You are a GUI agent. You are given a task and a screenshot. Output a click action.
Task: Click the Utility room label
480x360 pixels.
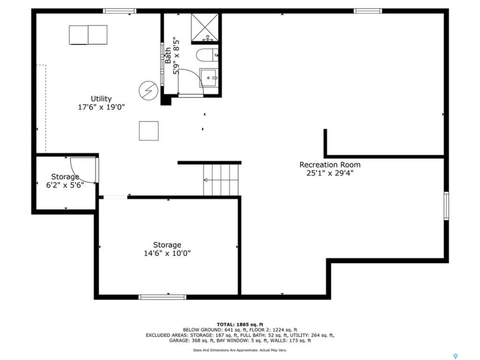click(x=101, y=99)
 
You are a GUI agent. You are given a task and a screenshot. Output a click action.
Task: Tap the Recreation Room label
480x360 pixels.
click(x=329, y=164)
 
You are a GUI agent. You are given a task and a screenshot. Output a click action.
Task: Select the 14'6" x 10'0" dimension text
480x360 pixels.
click(x=167, y=253)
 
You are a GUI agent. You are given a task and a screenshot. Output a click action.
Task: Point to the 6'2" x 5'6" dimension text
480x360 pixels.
click(x=65, y=185)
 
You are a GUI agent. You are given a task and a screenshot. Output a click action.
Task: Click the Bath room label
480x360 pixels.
click(x=168, y=55)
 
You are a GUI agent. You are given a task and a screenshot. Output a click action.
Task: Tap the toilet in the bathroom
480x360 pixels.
click(x=207, y=55)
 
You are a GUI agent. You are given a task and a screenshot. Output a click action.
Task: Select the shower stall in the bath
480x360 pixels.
click(x=205, y=27)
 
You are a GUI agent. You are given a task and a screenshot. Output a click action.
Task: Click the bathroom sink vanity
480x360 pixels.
click(x=209, y=78)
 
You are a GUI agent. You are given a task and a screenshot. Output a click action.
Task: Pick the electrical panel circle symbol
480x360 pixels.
click(x=148, y=90)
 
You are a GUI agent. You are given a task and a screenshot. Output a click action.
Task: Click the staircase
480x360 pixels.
click(x=220, y=179)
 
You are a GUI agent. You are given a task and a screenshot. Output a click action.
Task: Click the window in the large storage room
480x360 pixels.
click(x=162, y=297)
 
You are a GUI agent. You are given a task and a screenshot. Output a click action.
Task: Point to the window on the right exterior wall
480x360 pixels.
click(x=446, y=205)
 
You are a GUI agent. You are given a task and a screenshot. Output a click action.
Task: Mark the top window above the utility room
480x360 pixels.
click(x=119, y=11)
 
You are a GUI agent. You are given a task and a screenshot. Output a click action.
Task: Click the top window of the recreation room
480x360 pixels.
click(x=367, y=11)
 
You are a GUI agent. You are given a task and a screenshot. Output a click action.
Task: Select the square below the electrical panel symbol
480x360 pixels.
click(x=149, y=131)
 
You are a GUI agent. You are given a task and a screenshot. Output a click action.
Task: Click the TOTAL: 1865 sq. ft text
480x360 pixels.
click(x=240, y=324)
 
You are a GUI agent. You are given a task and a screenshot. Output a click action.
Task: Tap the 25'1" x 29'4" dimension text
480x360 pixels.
click(x=330, y=173)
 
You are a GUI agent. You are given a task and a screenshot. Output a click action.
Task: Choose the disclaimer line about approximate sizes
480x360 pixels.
click(x=240, y=350)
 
